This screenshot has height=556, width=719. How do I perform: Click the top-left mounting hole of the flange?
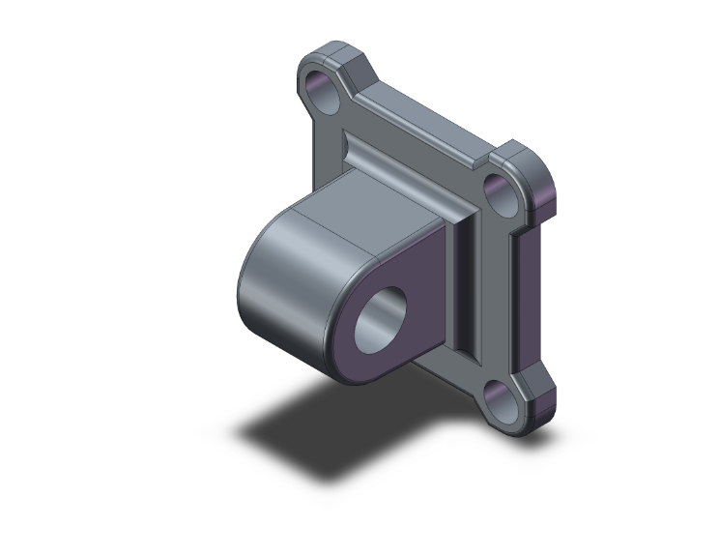pos(323,90)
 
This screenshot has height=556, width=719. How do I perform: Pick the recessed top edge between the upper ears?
pos(425,116)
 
